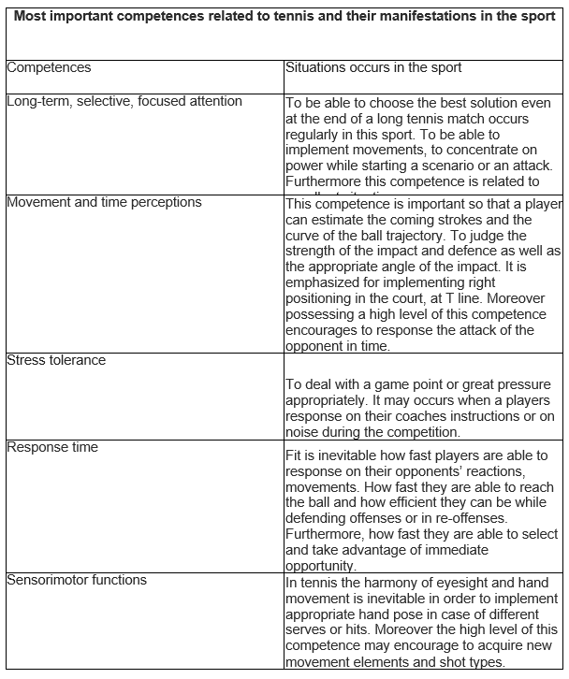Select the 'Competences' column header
pyautogui.click(x=49, y=68)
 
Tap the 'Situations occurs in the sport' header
pyautogui.click(x=373, y=68)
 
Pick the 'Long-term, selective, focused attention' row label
pyautogui.click(x=124, y=101)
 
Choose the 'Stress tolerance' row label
pyautogui.click(x=56, y=360)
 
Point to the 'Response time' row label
pyautogui.click(x=52, y=447)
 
